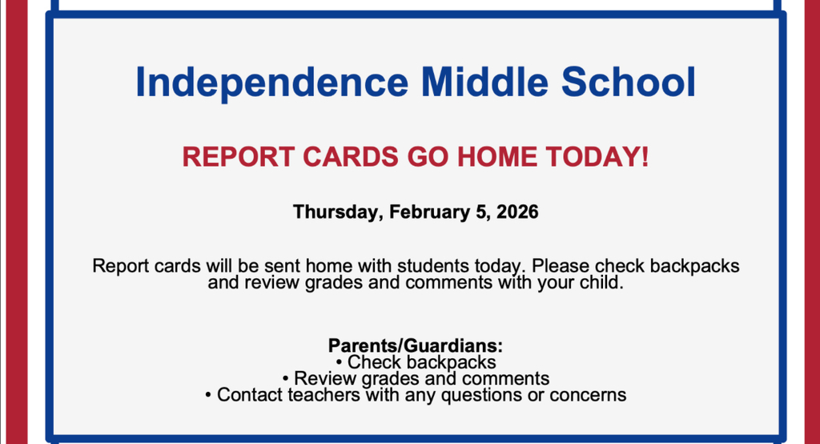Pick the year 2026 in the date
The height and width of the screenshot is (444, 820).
tap(517, 212)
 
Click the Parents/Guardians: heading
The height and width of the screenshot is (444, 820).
tap(416, 346)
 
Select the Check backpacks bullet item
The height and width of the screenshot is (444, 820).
tap(416, 362)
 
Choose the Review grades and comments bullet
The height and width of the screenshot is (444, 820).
tap(416, 378)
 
